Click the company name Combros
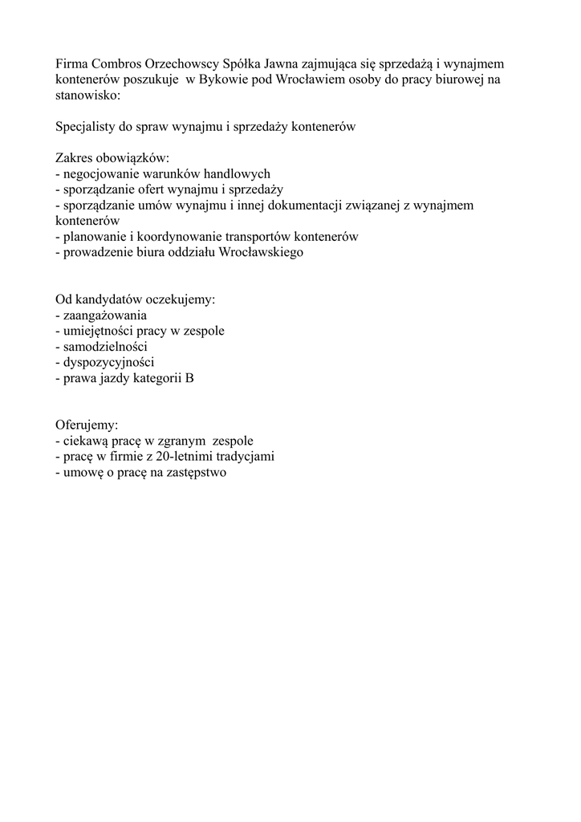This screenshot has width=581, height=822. click(116, 63)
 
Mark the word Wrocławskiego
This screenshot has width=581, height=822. click(259, 252)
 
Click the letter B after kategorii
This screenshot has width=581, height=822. click(189, 378)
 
